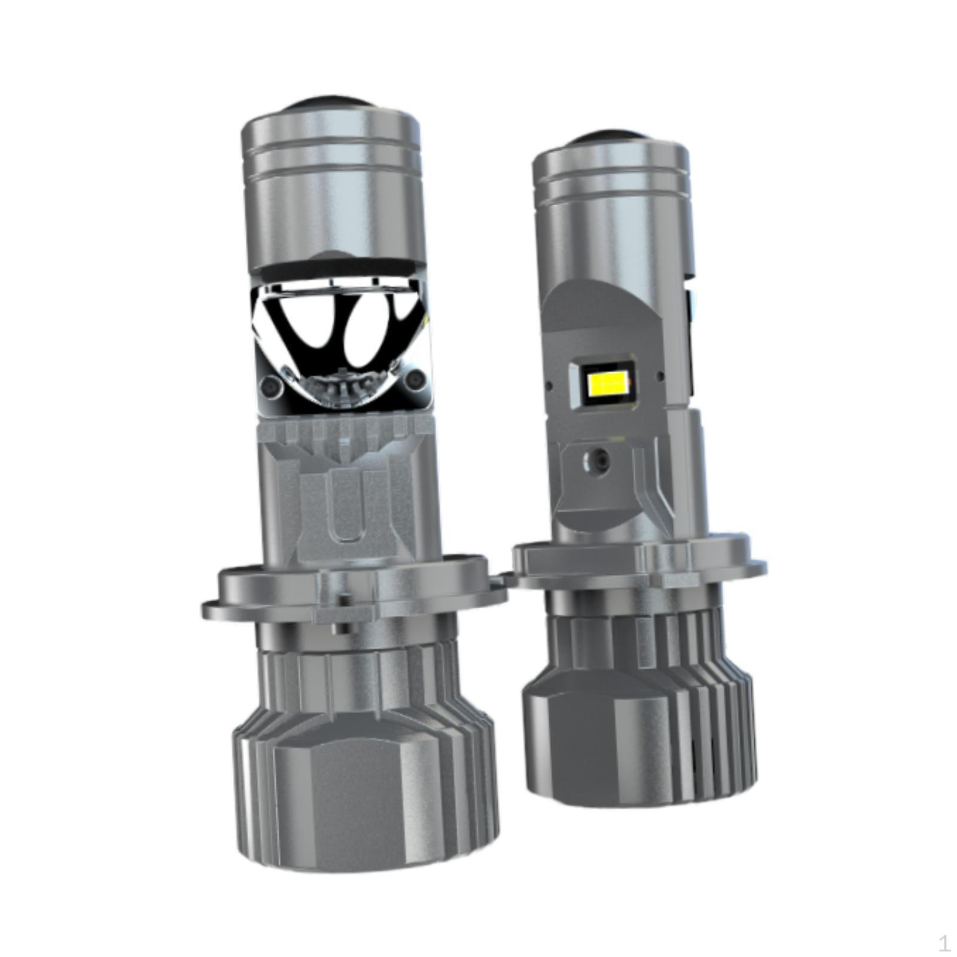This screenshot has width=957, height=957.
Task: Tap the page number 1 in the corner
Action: pyautogui.click(x=944, y=944)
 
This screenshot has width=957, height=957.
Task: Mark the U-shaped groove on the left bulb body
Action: pyautogui.click(x=347, y=508)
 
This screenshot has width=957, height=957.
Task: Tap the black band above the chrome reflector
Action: pyautogui.click(x=335, y=270)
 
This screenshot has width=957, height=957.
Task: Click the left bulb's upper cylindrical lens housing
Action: pyautogui.click(x=332, y=191)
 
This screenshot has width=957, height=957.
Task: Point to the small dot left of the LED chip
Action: pyautogui.click(x=547, y=380)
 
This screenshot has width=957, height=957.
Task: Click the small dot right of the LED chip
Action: pyautogui.click(x=660, y=377)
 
